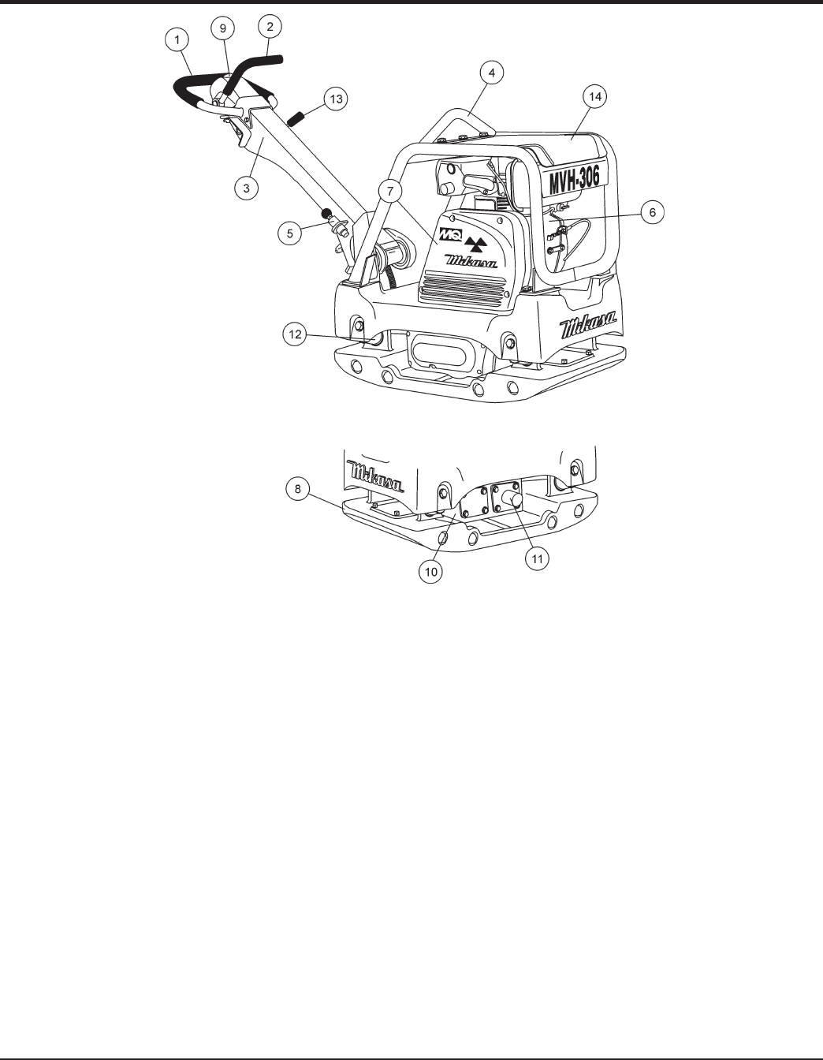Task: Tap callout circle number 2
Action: point(270,27)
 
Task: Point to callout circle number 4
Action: point(491,73)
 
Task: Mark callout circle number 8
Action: point(296,489)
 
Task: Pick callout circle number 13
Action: point(336,99)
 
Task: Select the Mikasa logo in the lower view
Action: point(376,477)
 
